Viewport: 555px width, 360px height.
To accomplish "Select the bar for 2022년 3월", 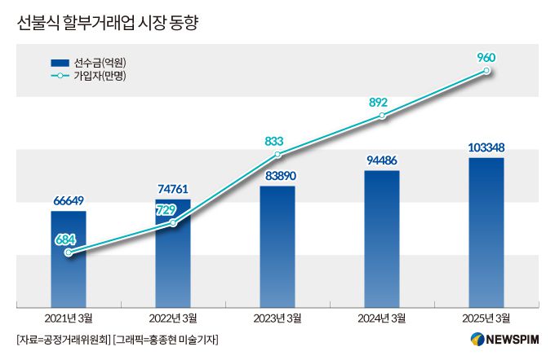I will point(173,253).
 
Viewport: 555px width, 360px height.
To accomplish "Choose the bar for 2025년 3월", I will point(486,233).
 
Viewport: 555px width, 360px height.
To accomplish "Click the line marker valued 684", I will point(69,252).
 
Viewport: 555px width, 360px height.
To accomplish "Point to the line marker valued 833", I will point(278,154).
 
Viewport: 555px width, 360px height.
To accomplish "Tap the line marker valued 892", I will point(383,116).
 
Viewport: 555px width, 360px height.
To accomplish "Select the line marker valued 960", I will point(487,71).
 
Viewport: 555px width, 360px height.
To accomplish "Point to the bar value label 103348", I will point(486,147).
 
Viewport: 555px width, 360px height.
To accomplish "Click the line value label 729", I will point(166,210).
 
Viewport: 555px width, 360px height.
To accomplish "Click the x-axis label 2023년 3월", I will point(277,318).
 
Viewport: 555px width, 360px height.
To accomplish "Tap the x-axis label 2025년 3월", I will point(486,318).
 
